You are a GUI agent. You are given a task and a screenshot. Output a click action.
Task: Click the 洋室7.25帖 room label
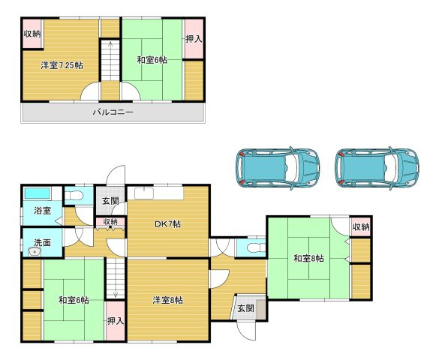point(62,65)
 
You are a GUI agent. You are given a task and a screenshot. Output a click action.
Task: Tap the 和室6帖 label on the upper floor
point(152,60)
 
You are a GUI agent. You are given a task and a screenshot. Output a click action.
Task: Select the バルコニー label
point(113,112)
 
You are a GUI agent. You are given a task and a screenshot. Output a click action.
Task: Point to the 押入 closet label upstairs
point(194,39)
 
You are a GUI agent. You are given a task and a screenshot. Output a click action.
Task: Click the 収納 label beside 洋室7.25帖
point(32,34)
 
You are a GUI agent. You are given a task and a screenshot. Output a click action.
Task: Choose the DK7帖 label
point(167,223)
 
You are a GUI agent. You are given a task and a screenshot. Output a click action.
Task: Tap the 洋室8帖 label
point(167,301)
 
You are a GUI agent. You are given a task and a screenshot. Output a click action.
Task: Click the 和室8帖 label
point(308,258)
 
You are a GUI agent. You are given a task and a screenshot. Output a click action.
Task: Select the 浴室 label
point(43,210)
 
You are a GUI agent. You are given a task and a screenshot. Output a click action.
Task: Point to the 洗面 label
point(43,242)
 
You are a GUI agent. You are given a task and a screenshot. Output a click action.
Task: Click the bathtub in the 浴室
point(38,193)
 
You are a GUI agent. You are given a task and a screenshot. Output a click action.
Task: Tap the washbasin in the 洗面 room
point(35,252)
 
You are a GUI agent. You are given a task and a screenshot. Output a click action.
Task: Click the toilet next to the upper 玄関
point(74,196)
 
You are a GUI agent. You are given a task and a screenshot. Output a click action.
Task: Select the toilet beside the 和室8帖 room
point(256,247)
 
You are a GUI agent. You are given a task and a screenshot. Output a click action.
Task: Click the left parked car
point(278,168)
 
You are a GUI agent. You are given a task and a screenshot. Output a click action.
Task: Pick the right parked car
point(377,168)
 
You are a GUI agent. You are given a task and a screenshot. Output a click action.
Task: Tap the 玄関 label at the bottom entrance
point(246,308)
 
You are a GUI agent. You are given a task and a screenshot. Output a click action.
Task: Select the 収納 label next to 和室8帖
point(361,226)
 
